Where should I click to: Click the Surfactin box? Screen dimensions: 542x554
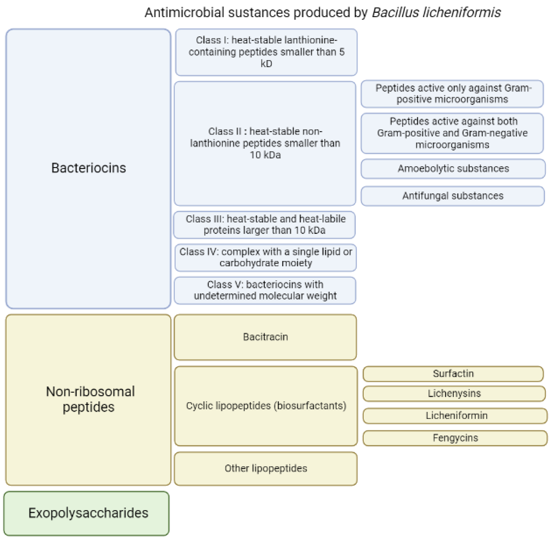[x=453, y=373]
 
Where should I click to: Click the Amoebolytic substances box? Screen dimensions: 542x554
[x=453, y=169]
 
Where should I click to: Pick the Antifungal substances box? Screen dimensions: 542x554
[x=452, y=196]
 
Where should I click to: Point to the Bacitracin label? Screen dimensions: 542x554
[x=265, y=337]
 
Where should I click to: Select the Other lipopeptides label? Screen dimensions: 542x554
[x=265, y=468]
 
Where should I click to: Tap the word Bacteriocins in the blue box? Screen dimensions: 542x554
[x=88, y=168]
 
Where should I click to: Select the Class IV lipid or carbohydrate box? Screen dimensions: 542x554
[x=265, y=257]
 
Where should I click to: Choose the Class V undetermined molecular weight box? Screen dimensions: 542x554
[x=265, y=290]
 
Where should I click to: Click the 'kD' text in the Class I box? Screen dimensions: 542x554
[x=266, y=64]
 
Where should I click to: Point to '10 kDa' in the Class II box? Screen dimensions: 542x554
[x=265, y=155]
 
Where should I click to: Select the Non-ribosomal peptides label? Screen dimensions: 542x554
[x=90, y=399]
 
